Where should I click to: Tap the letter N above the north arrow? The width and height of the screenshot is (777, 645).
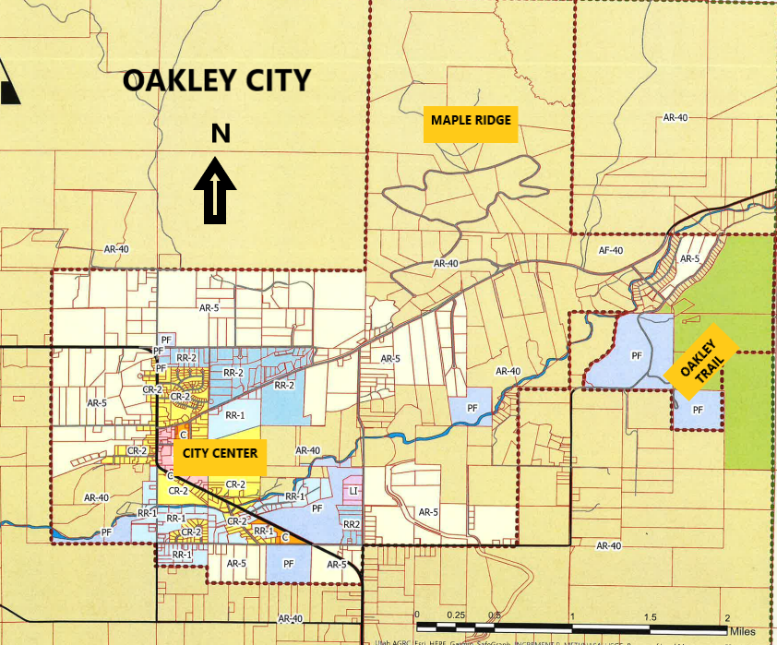[x=221, y=135]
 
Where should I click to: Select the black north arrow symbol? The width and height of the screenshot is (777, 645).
[x=215, y=190]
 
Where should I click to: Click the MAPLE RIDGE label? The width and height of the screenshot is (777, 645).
[x=471, y=120]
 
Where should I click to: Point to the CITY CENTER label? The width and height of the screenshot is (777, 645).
[x=221, y=453]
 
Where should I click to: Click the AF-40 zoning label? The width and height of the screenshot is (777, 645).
[x=611, y=250]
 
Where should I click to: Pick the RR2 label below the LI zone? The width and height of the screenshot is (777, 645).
[x=352, y=524]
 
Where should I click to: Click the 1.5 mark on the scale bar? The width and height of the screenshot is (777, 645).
[x=651, y=615]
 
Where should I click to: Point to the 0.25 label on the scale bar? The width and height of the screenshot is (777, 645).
[x=455, y=615]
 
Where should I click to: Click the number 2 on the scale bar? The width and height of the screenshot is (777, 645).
[x=729, y=615]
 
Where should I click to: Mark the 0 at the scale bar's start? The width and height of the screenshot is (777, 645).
[x=418, y=615]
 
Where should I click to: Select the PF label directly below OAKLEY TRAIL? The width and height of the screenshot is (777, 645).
[x=698, y=410]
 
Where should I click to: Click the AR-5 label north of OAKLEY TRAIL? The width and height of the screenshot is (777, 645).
[x=690, y=259]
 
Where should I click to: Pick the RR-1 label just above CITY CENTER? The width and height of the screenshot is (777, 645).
[x=234, y=415]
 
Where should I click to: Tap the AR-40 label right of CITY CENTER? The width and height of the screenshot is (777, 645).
[x=308, y=450]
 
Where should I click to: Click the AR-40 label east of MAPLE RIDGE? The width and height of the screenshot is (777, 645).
[x=676, y=117]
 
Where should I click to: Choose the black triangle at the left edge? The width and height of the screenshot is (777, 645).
[x=9, y=89]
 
